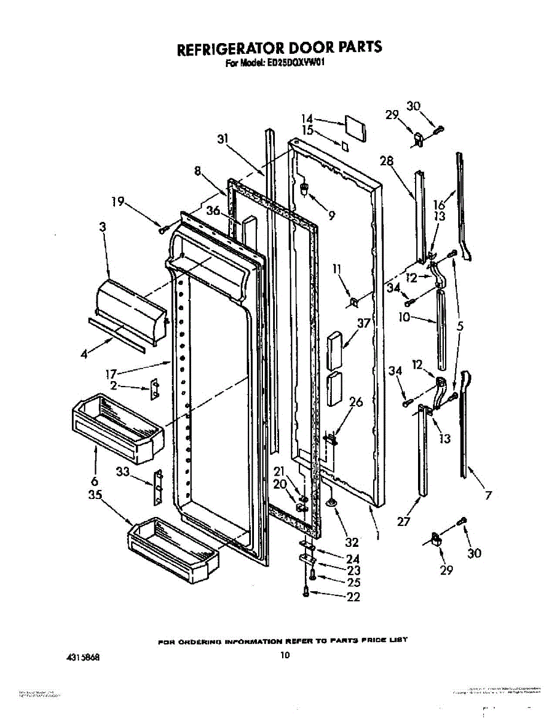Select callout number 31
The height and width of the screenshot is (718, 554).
(x=223, y=139)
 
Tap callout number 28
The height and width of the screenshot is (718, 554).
(x=386, y=160)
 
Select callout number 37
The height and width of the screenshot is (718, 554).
(x=364, y=324)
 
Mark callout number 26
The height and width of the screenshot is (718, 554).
(x=356, y=402)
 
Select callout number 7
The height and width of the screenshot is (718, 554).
(x=488, y=495)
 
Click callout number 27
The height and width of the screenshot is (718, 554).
(x=404, y=521)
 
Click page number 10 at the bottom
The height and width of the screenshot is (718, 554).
(x=285, y=655)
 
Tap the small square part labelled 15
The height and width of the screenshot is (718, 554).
(x=344, y=145)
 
